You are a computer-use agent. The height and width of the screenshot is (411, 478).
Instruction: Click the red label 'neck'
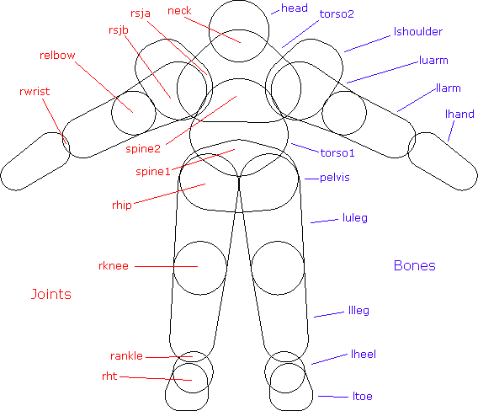pos(179,11)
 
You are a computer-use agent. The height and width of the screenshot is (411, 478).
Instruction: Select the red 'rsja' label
pos(141,13)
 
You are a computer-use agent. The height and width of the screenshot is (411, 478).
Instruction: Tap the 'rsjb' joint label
pos(119,30)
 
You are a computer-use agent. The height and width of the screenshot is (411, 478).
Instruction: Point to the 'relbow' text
pos(57,56)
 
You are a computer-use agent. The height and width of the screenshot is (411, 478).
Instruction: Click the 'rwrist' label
pos(35,91)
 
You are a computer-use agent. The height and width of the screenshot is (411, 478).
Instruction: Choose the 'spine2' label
pos(143,149)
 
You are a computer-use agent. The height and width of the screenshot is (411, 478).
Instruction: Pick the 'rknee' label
pos(114,266)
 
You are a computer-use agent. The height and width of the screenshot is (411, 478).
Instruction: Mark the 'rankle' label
pos(126,355)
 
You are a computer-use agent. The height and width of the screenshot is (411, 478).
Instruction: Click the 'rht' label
pos(109,376)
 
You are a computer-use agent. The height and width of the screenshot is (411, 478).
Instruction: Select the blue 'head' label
pos(295,8)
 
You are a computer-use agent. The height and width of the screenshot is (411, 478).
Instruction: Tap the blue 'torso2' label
pos(337,14)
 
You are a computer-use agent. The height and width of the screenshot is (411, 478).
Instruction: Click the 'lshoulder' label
pos(418,31)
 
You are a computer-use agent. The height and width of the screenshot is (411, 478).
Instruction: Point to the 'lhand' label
pos(459,114)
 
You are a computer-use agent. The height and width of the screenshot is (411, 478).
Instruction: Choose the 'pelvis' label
pos(334,178)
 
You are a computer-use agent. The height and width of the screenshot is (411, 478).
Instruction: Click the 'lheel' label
pos(364,355)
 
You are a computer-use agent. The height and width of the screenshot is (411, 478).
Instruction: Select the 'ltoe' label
pos(363,397)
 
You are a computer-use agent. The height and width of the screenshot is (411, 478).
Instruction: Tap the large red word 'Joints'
pos(51,294)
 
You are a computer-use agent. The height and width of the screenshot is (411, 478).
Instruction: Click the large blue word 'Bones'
pos(415,265)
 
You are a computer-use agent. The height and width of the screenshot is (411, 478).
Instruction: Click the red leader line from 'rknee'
pos(166,266)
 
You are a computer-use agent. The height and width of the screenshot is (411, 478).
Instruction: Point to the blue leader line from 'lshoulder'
pos(368,44)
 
